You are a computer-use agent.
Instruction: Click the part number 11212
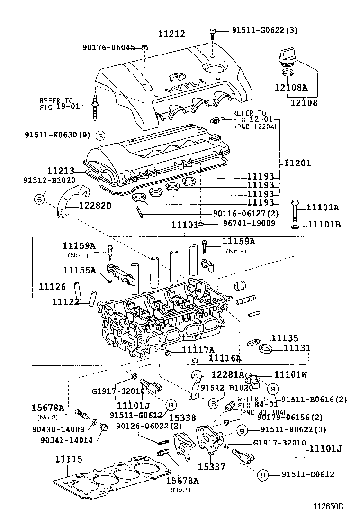171,34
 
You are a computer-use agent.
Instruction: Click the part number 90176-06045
108,47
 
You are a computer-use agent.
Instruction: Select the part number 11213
62,170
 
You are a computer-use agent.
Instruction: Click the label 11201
297,163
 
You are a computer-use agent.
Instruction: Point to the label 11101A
323,207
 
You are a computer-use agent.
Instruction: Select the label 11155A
79,270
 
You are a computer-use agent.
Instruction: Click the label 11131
297,348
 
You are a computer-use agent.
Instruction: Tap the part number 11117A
192,350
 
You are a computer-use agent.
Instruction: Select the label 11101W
290,374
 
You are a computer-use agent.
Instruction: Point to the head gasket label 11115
68,459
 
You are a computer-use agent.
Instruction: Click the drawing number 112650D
327,507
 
